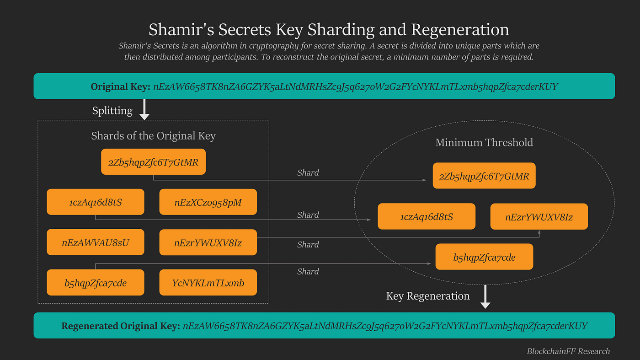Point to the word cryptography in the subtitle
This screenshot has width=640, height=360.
click(x=271, y=46)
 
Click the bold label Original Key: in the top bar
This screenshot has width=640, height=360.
click(x=120, y=86)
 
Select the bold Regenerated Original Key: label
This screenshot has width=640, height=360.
click(x=120, y=326)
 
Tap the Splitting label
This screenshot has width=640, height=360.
click(x=112, y=111)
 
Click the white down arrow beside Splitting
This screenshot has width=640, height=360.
click(x=144, y=110)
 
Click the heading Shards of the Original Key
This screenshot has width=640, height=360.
click(x=153, y=136)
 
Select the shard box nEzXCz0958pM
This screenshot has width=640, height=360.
click(x=208, y=202)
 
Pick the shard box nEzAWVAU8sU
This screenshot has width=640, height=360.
click(x=96, y=242)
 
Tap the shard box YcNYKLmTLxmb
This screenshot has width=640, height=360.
click(x=208, y=283)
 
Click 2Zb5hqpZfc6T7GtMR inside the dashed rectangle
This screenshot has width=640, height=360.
click(x=153, y=162)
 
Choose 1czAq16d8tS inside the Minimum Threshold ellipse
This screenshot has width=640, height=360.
click(x=427, y=217)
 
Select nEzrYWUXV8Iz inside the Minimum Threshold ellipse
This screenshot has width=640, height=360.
click(x=539, y=217)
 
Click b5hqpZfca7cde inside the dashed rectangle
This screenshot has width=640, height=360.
click(x=96, y=283)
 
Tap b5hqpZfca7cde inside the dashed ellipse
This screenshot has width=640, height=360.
click(x=484, y=257)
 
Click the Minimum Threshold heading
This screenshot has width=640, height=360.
click(x=484, y=142)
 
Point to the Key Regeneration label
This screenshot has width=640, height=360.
click(x=428, y=296)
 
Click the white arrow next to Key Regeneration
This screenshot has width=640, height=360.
click(x=485, y=298)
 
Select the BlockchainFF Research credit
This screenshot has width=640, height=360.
click(x=568, y=351)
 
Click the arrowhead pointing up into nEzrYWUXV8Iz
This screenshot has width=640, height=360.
click(x=539, y=233)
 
